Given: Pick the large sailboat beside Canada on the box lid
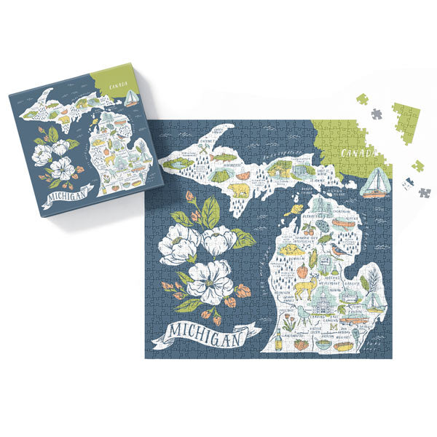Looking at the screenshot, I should point(132,97).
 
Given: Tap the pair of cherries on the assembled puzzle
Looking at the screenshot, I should point(307,231).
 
